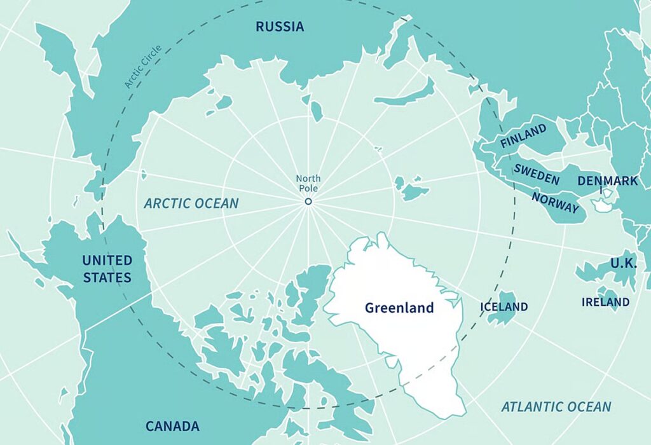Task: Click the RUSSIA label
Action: [280, 27]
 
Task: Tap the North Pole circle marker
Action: [308, 202]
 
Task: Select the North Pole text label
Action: [308, 184]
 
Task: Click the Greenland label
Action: [399, 308]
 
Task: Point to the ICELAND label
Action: [504, 307]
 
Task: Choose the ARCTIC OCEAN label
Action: [191, 203]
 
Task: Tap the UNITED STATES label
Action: [107, 269]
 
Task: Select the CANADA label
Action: [172, 426]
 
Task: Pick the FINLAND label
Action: [523, 136]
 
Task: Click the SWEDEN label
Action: [537, 174]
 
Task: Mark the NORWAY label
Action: [555, 203]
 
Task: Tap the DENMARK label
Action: [607, 181]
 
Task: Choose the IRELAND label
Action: [605, 302]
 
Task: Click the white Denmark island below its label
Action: [601, 205]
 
